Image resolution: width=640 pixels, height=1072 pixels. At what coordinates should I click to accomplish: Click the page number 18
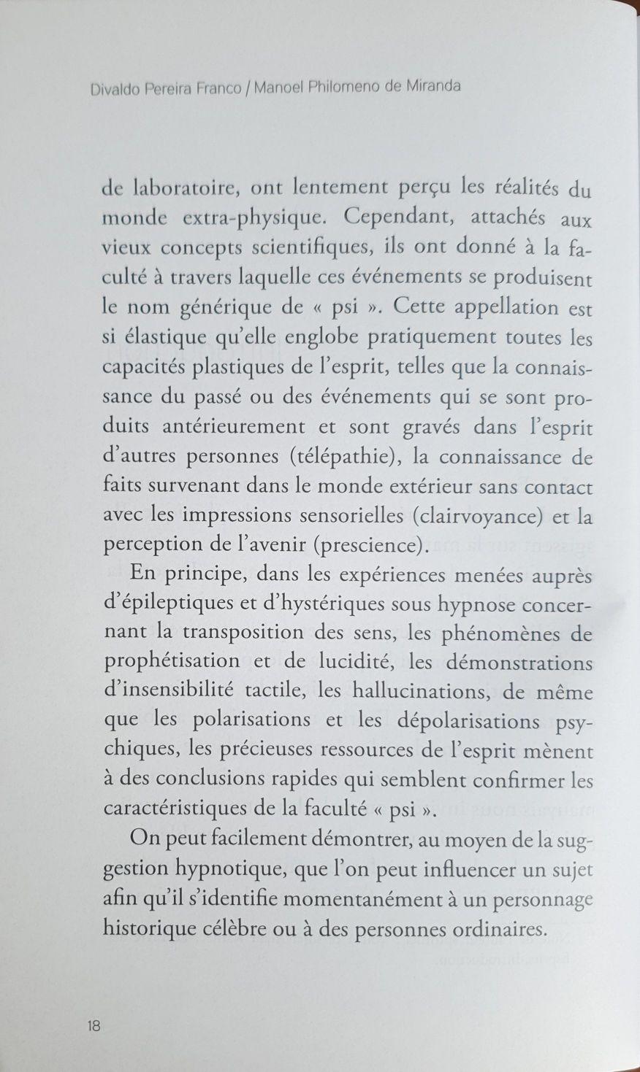94,1025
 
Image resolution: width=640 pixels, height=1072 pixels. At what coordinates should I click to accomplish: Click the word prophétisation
172,662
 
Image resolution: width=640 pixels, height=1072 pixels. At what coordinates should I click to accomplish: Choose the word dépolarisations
458,721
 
